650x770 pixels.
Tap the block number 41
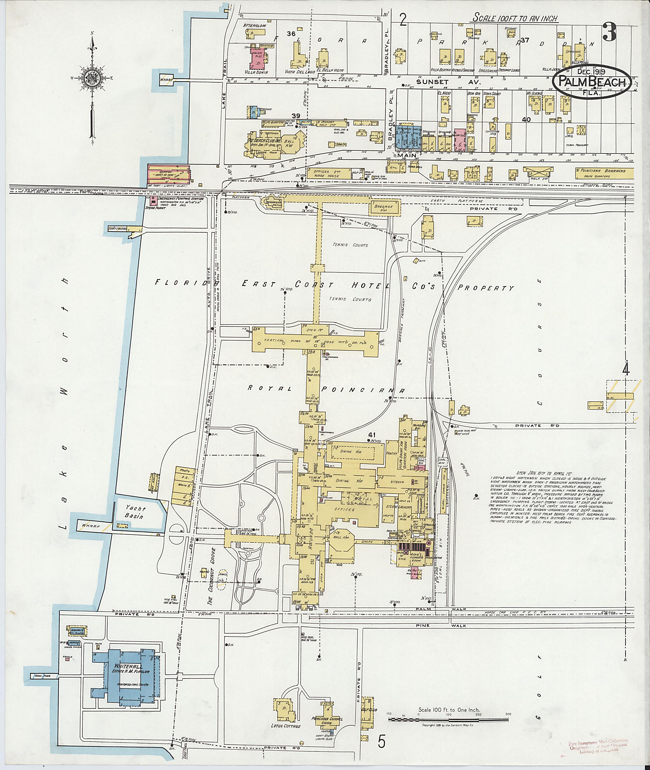369,434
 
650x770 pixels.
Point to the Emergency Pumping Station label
180,198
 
